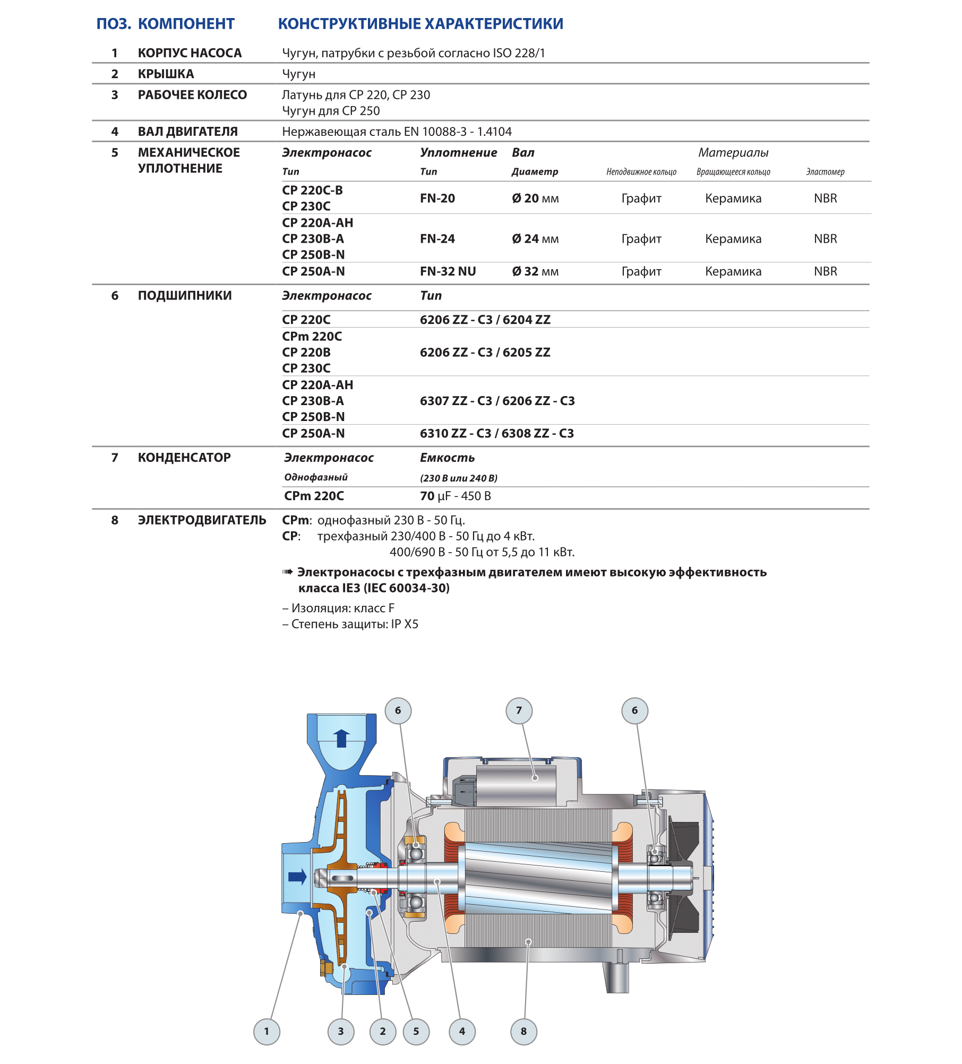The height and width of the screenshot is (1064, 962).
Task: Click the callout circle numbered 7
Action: [x=519, y=710]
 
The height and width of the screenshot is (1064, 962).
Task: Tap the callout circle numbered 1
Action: [x=267, y=1032]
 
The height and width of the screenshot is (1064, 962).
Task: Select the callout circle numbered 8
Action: [x=523, y=1032]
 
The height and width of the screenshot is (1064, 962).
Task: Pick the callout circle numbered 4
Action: [x=462, y=1032]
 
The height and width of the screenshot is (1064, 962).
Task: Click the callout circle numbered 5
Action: [x=416, y=1032]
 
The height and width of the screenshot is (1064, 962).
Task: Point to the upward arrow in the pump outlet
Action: [x=341, y=738]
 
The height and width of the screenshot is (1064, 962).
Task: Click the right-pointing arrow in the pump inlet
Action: [x=297, y=877]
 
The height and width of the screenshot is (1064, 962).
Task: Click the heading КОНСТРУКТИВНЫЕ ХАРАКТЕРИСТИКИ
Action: [x=420, y=24]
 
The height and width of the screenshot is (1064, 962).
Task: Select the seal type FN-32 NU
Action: [x=448, y=271]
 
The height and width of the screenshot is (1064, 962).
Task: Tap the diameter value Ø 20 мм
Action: [x=535, y=199]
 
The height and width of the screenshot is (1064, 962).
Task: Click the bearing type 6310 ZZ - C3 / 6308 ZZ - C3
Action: [x=496, y=433]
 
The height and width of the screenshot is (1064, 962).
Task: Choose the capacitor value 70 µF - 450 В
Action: [x=455, y=496]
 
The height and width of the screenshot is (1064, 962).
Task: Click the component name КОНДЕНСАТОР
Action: [x=184, y=458]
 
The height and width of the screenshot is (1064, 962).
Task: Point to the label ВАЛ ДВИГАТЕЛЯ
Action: [x=187, y=132]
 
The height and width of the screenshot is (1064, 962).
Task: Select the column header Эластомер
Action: [x=824, y=172]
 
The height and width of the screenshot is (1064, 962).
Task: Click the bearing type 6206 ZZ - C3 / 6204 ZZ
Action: [x=485, y=320]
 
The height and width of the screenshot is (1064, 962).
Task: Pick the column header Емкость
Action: [x=447, y=458]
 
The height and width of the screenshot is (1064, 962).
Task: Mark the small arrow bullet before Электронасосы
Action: [x=287, y=572]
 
